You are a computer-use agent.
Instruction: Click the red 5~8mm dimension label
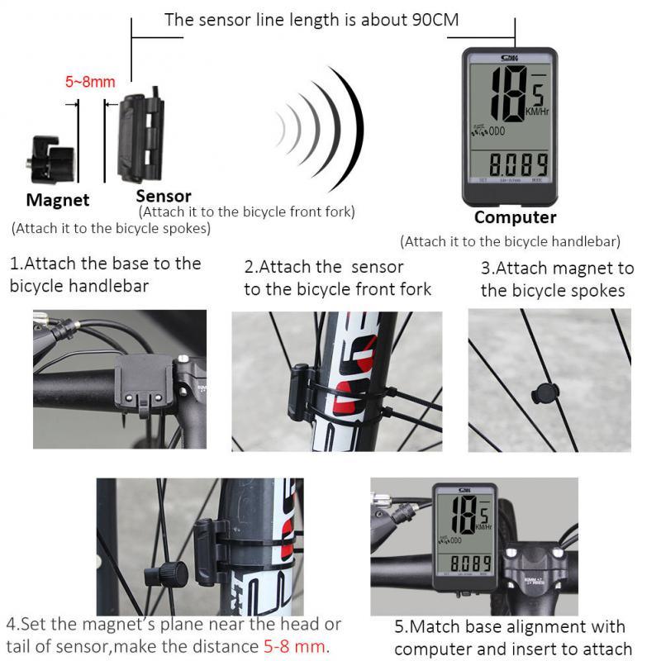(90, 82)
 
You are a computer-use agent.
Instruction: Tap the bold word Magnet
(58, 200)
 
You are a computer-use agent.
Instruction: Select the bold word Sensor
(164, 196)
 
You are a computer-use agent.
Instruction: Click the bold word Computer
(515, 217)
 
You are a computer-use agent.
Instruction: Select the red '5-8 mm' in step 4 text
(295, 645)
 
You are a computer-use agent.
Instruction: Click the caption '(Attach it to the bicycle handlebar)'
(510, 242)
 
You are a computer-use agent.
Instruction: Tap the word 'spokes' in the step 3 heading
(596, 290)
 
